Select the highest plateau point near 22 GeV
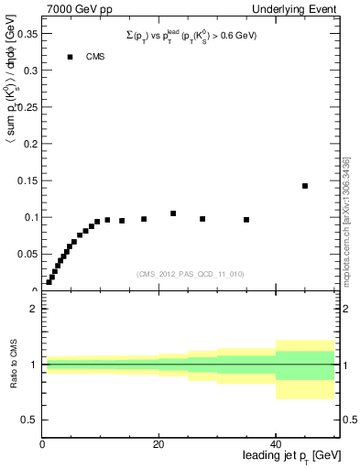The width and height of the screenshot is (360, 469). click(173, 213)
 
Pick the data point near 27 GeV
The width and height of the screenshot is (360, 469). click(202, 219)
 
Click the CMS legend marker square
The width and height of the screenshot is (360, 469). click(70, 57)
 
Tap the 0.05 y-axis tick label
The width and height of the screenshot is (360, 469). click(25, 254)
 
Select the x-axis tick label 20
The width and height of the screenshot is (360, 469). click(158, 444)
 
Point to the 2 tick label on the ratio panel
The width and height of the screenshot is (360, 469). click(33, 309)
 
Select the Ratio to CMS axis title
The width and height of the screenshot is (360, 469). click(12, 365)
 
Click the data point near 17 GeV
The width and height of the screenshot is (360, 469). click(144, 219)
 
